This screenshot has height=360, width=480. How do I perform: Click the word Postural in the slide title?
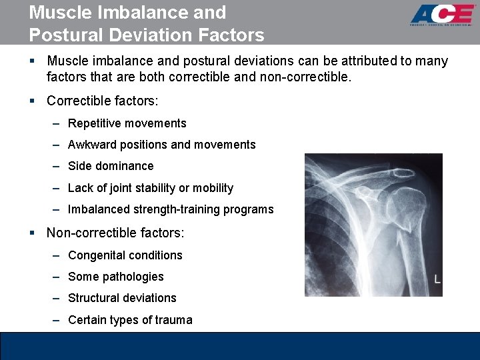point(62,35)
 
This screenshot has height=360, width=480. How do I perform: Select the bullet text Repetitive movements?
point(127,123)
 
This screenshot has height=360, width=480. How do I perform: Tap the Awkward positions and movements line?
point(161,145)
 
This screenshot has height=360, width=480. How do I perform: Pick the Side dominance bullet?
point(111,166)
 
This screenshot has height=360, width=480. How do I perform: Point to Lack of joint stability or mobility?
point(151,188)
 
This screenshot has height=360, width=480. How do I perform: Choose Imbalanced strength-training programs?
point(171,209)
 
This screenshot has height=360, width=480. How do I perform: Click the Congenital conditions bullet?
point(125,255)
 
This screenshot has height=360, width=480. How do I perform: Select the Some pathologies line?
point(115,277)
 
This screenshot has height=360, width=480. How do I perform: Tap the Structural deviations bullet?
point(122,298)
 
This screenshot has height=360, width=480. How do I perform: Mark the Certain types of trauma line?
point(130,320)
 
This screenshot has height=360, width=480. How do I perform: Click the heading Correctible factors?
point(103,101)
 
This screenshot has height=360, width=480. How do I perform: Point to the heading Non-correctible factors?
point(115,233)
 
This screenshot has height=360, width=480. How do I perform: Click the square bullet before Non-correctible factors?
point(32,233)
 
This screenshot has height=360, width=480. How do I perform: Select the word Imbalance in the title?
point(152,13)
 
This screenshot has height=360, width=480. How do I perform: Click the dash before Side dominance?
point(59,166)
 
